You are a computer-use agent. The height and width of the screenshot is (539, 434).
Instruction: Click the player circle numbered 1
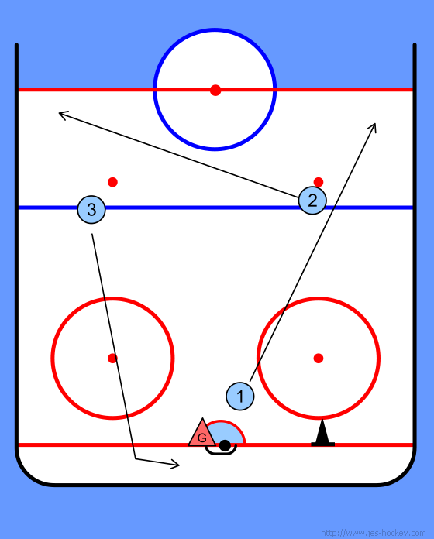[240, 396]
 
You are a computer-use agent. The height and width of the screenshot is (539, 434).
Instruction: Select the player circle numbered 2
[312, 201]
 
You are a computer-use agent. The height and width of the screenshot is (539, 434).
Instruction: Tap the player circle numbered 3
[91, 209]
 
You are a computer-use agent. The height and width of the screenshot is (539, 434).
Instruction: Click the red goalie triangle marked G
[202, 433]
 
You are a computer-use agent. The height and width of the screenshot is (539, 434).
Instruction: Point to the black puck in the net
[225, 445]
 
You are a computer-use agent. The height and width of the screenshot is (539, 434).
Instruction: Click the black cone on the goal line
[322, 433]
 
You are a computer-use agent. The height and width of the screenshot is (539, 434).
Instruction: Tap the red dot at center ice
[215, 90]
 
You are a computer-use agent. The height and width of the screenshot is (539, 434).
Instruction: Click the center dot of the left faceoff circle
[112, 359]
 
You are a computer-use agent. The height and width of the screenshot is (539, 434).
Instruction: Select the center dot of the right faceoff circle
[319, 359]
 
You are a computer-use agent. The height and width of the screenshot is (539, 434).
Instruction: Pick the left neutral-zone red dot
[113, 182]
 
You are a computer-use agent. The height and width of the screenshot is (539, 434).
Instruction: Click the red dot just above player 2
[319, 181]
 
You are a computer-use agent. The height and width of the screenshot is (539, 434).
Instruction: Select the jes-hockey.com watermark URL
[373, 533]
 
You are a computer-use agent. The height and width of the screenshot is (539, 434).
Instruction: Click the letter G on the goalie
[202, 438]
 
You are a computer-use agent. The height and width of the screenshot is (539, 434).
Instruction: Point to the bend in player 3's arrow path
[136, 458]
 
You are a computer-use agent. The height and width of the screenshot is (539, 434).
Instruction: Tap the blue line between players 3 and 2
[201, 208]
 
